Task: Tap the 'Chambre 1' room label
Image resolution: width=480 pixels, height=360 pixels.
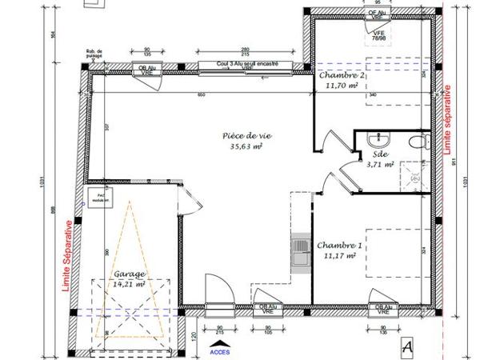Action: pyautogui.click(x=339, y=246)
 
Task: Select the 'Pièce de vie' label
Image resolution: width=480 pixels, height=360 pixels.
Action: pyautogui.click(x=246, y=136)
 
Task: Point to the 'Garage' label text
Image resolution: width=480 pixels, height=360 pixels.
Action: pyautogui.click(x=130, y=273)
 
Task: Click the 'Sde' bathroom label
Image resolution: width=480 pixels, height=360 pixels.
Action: pyautogui.click(x=380, y=154)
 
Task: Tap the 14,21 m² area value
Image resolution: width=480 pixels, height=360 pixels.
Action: pyautogui.click(x=129, y=282)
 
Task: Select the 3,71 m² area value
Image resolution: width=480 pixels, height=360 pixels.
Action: pyautogui.click(x=380, y=165)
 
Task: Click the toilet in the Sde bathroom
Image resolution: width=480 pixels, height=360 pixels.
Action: pyautogui.click(x=415, y=142)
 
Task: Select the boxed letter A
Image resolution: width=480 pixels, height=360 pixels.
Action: pyautogui.click(x=409, y=346)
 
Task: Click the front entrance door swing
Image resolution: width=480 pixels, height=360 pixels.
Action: pyautogui.click(x=215, y=287)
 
